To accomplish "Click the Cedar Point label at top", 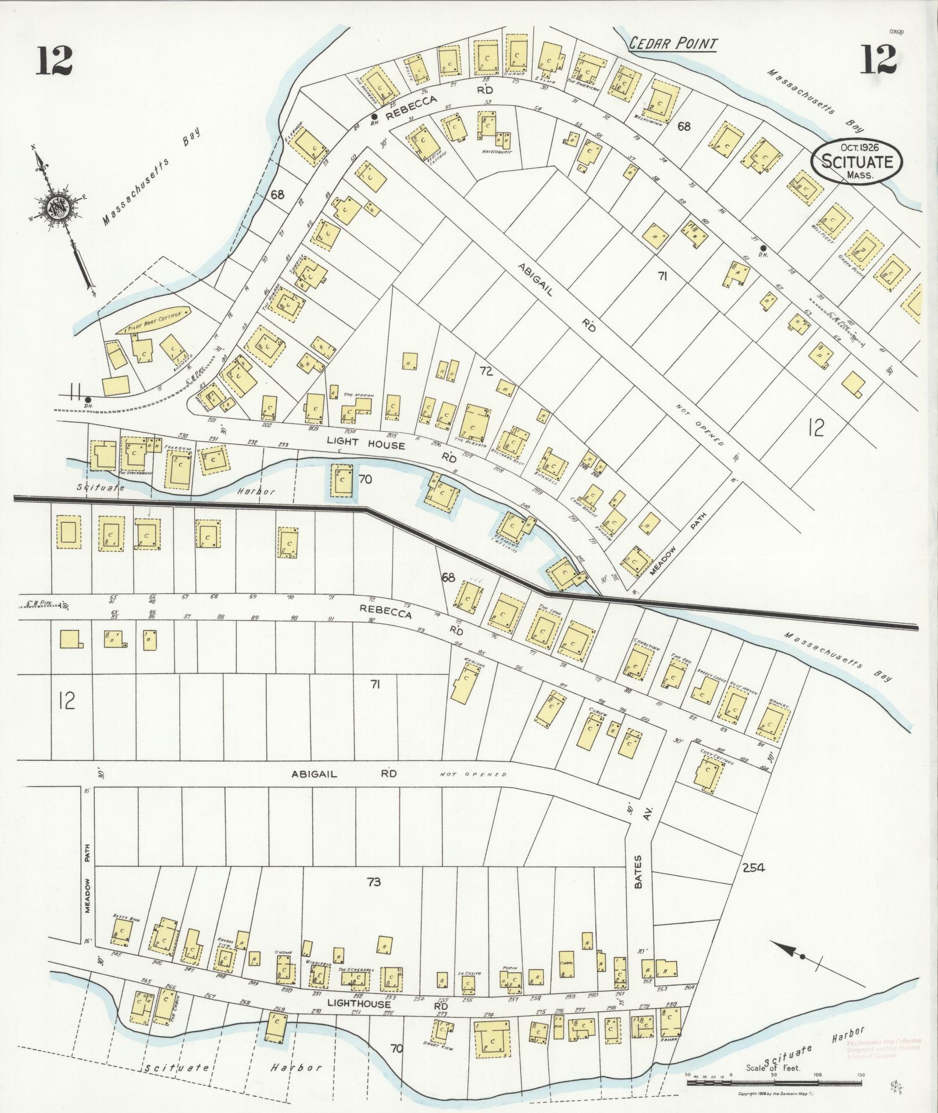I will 673,43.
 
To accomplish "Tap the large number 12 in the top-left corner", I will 55,60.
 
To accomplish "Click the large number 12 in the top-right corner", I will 879,60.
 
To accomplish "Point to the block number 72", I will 486,370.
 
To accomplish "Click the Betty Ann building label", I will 123,931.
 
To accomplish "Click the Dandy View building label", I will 439,1048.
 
